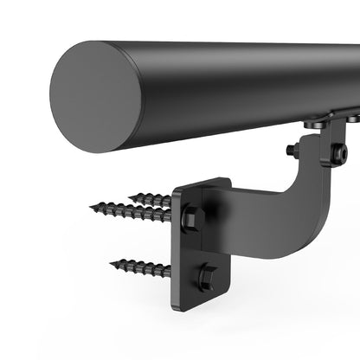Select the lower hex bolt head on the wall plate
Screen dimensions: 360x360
(x=206, y=277)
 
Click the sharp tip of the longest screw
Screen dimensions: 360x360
(x=91, y=207)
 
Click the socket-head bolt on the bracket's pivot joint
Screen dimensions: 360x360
(x=340, y=154)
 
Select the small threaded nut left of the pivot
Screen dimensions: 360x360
(x=292, y=150)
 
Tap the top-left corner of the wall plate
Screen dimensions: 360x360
(x=177, y=191)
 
